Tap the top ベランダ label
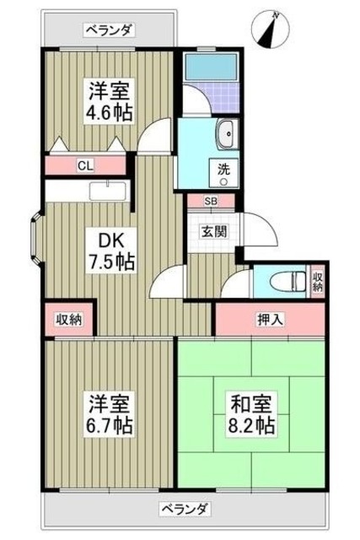tap(108, 31)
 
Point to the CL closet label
tap(85, 166)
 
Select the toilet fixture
tap(277, 283)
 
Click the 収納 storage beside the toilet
tap(317, 281)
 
